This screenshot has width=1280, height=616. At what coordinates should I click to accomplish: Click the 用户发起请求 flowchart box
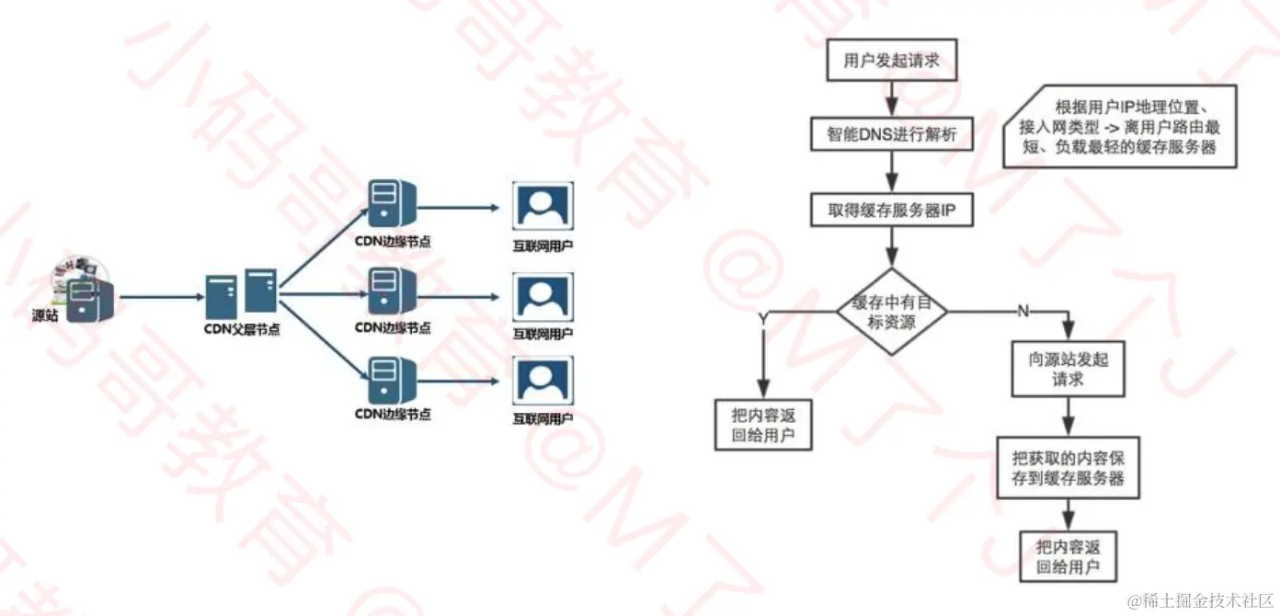888,62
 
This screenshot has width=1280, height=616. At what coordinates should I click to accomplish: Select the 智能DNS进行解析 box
887,135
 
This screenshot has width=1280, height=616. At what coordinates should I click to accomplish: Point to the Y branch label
762,317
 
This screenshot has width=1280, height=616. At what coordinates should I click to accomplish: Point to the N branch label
1023,312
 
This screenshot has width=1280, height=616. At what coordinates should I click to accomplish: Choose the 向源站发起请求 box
1068,369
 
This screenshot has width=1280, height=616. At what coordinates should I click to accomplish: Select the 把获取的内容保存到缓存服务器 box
1068,467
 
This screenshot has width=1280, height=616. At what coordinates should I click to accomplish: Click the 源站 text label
44,315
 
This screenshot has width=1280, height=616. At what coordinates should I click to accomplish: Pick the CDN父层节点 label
242,329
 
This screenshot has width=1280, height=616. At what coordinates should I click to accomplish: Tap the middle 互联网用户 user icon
543,295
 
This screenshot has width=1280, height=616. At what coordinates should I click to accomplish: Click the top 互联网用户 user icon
543,207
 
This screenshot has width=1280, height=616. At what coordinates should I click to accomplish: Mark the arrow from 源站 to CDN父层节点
161,297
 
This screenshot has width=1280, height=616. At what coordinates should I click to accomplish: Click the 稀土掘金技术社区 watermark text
1200,600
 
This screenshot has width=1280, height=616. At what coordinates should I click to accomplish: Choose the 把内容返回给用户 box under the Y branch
763,425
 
